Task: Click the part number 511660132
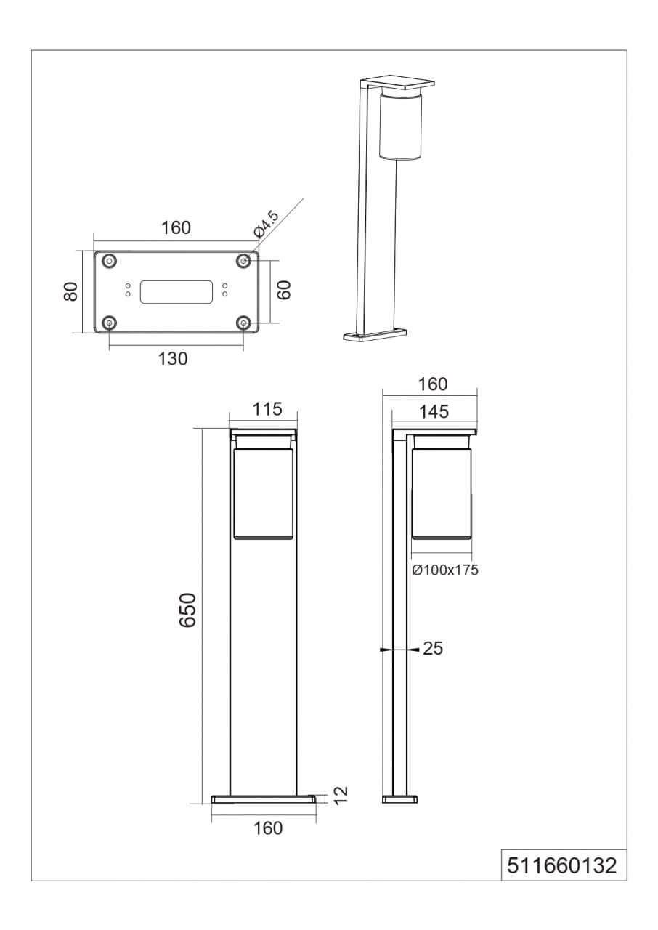563,865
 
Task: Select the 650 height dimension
187,610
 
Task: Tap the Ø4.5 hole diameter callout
266,223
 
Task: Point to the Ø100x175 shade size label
444,570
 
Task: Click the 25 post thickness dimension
433,649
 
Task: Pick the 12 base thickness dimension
341,796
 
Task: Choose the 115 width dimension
267,409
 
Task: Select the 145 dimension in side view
434,412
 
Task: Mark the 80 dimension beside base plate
70,292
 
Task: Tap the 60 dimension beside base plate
284,290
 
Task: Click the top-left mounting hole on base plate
110,260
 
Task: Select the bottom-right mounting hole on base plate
244,323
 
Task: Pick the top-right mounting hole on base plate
244,260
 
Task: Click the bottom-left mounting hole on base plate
110,323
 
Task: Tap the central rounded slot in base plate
176,291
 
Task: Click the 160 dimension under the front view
269,828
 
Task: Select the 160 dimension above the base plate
176,227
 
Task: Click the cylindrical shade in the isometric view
399,127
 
